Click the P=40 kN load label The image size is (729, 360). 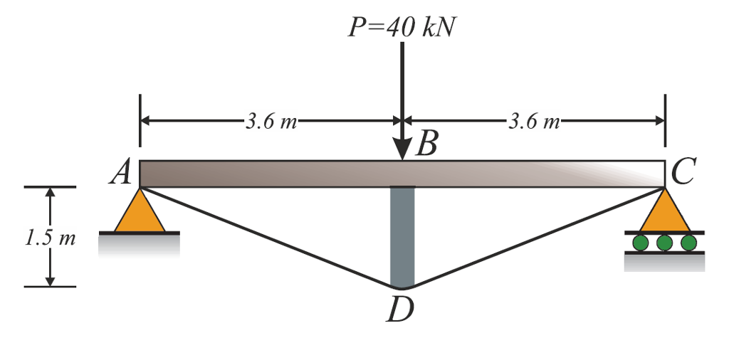pos(402,27)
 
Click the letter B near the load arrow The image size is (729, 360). pos(426,145)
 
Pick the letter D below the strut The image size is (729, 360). pos(401,309)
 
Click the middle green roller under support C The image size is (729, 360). pos(664,243)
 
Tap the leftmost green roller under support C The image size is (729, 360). pos(641,243)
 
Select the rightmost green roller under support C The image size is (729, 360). pos(688,243)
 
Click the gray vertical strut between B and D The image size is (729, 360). pos(402,235)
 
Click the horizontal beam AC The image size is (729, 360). pos(285,174)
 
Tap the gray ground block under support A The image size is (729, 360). pos(139,244)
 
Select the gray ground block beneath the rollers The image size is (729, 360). pos(664,263)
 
